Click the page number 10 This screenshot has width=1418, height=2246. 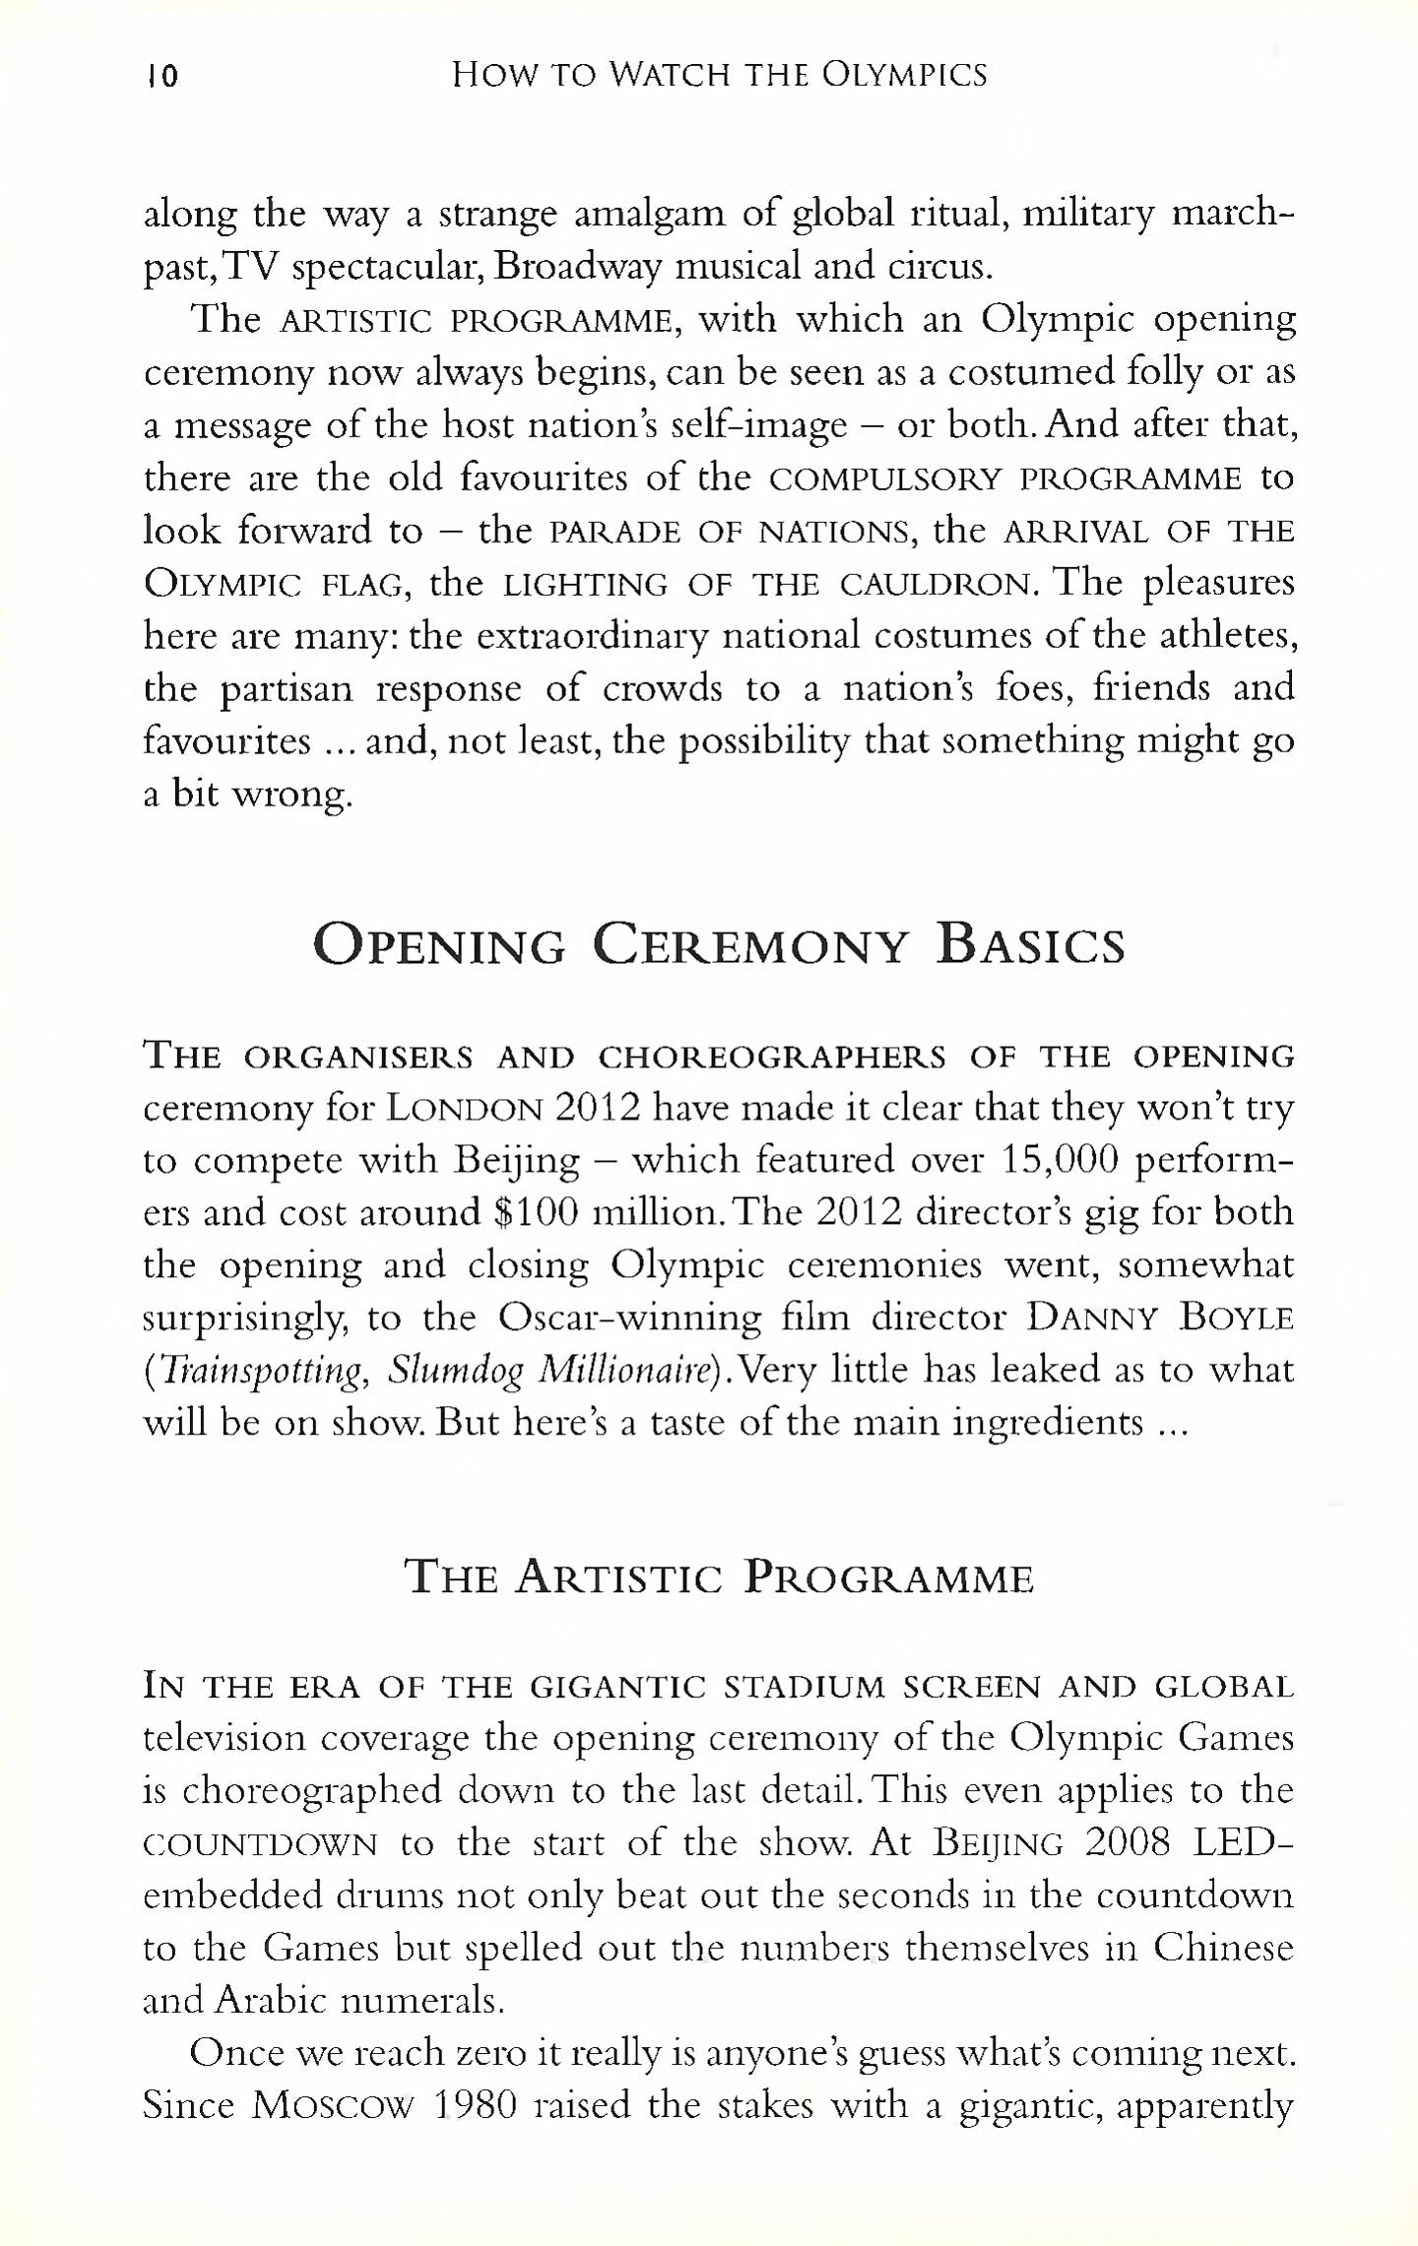162,76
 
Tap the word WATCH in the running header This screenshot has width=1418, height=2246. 670,75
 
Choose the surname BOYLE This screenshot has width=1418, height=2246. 1236,1317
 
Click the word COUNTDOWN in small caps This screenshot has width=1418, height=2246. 260,1844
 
